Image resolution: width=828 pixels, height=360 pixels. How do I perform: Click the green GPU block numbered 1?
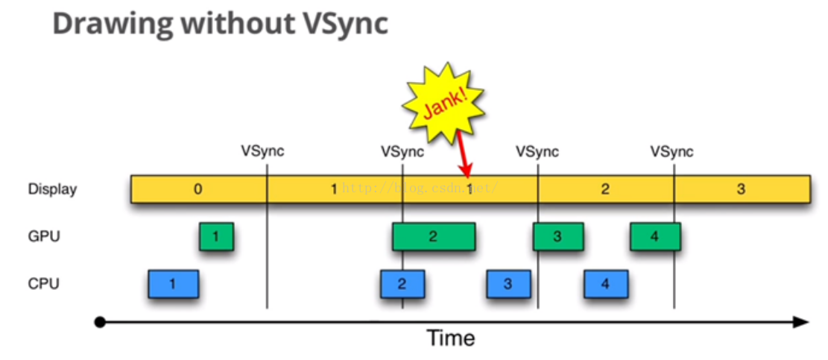point(216,237)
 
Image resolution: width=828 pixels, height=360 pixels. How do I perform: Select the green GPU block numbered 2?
point(433,237)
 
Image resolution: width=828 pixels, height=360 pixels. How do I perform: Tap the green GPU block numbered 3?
point(557,237)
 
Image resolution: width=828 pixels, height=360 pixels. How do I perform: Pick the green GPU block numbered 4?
point(654,237)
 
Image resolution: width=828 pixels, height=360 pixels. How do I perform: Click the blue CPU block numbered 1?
point(173,284)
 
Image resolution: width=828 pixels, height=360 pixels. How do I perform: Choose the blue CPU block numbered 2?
point(402,284)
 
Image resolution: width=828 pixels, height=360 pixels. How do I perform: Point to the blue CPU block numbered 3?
point(508,284)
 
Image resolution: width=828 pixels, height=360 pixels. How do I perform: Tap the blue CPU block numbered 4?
point(605,284)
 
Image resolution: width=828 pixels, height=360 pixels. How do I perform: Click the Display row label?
point(52,189)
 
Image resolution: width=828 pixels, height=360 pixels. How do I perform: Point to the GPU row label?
point(44,237)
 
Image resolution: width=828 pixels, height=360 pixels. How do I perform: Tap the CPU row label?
point(44,284)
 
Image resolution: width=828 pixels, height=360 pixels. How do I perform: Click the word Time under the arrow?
point(450,338)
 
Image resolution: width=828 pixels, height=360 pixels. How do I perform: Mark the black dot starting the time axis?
point(100,323)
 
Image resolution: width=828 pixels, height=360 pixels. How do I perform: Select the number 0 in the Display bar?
point(197,189)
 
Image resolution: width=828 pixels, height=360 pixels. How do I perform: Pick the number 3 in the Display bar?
point(741,189)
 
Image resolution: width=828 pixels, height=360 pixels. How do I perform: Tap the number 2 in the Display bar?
point(605,189)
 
